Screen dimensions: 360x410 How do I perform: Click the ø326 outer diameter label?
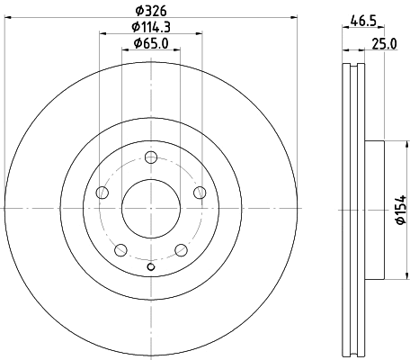pyautogui.click(x=150, y=11)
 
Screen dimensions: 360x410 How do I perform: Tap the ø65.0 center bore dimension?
pyautogui.click(x=150, y=44)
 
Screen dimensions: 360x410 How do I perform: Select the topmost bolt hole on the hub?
pyautogui.click(x=151, y=157)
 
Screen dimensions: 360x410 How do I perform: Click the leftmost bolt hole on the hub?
pyautogui.click(x=102, y=193)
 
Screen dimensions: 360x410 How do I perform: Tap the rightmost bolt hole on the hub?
pyautogui.click(x=200, y=193)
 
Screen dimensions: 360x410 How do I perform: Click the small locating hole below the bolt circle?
pyautogui.click(x=151, y=267)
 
